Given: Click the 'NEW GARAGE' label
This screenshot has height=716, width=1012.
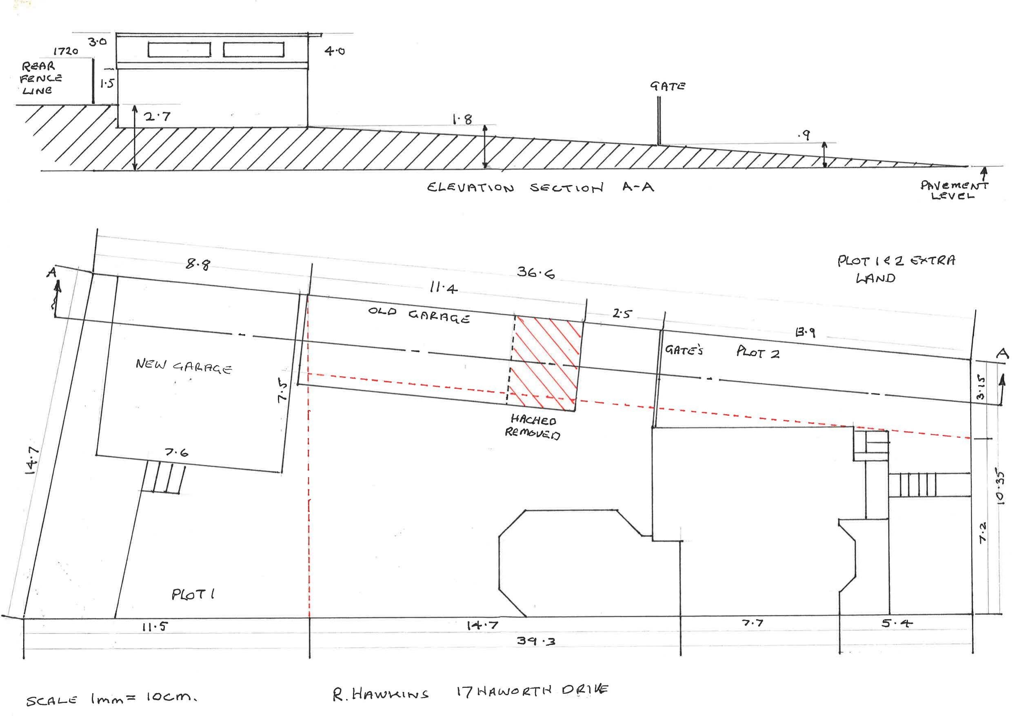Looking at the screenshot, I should click(x=183, y=366).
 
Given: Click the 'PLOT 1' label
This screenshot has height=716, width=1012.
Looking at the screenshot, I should click(x=193, y=595).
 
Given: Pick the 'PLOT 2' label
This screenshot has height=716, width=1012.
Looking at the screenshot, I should click(x=758, y=352).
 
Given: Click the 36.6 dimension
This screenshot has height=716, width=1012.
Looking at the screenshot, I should click(x=535, y=273).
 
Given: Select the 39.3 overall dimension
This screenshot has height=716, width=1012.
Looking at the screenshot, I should click(x=535, y=640).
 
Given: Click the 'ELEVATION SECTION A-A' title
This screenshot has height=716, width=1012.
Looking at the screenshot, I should click(x=540, y=188).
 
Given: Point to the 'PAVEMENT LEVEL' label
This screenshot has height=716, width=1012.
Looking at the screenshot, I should click(x=953, y=191).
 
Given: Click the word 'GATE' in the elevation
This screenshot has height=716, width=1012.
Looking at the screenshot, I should click(x=667, y=86).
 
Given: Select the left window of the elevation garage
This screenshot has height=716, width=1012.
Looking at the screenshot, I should click(x=179, y=49).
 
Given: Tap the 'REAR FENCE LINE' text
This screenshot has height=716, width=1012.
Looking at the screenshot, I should click(x=41, y=78).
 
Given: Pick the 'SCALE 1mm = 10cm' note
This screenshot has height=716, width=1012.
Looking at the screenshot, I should click(x=111, y=699).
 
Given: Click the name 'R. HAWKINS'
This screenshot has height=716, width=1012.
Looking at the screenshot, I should click(x=380, y=694).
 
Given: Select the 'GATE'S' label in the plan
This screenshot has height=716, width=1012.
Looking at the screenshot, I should click(x=684, y=350).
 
